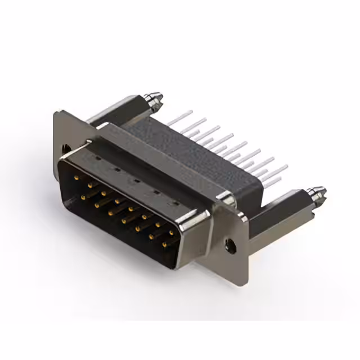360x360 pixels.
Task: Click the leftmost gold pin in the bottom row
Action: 84,197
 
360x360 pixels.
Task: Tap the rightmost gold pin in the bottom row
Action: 164,245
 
